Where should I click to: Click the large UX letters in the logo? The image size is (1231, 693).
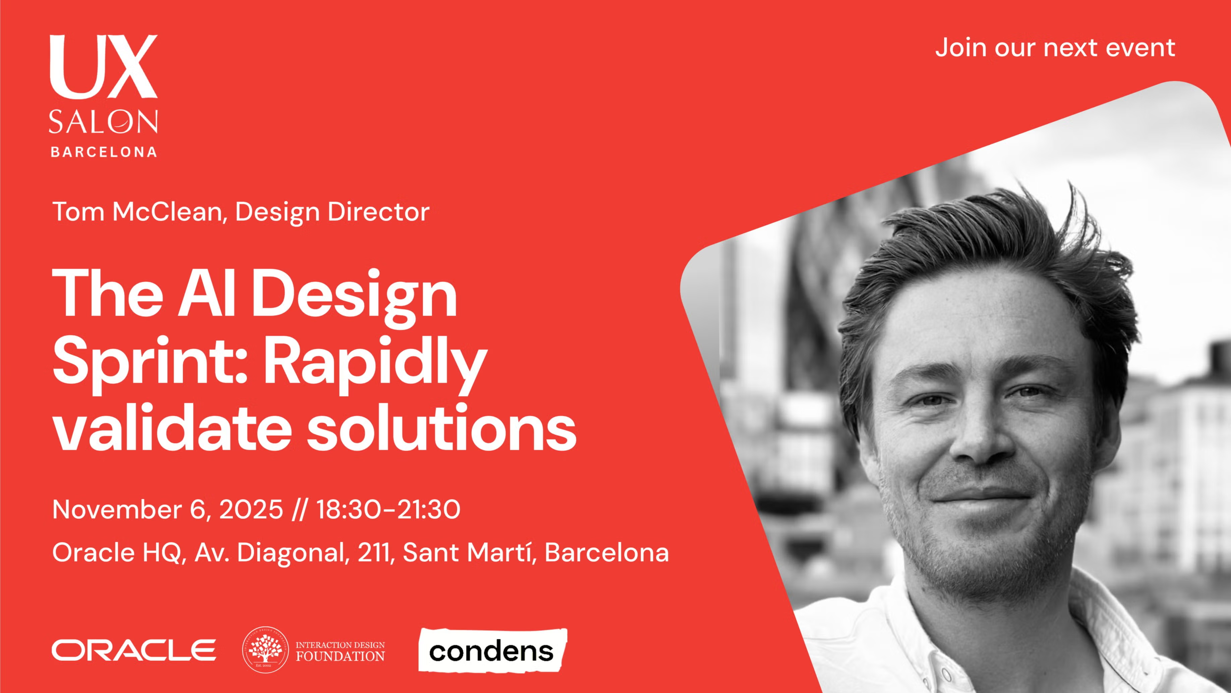104,66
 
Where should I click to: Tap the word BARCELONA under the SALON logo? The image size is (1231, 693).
104,152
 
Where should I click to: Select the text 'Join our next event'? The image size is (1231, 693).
1055,48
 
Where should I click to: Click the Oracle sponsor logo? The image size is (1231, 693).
134,650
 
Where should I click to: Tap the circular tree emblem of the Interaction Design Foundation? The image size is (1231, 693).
266,650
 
